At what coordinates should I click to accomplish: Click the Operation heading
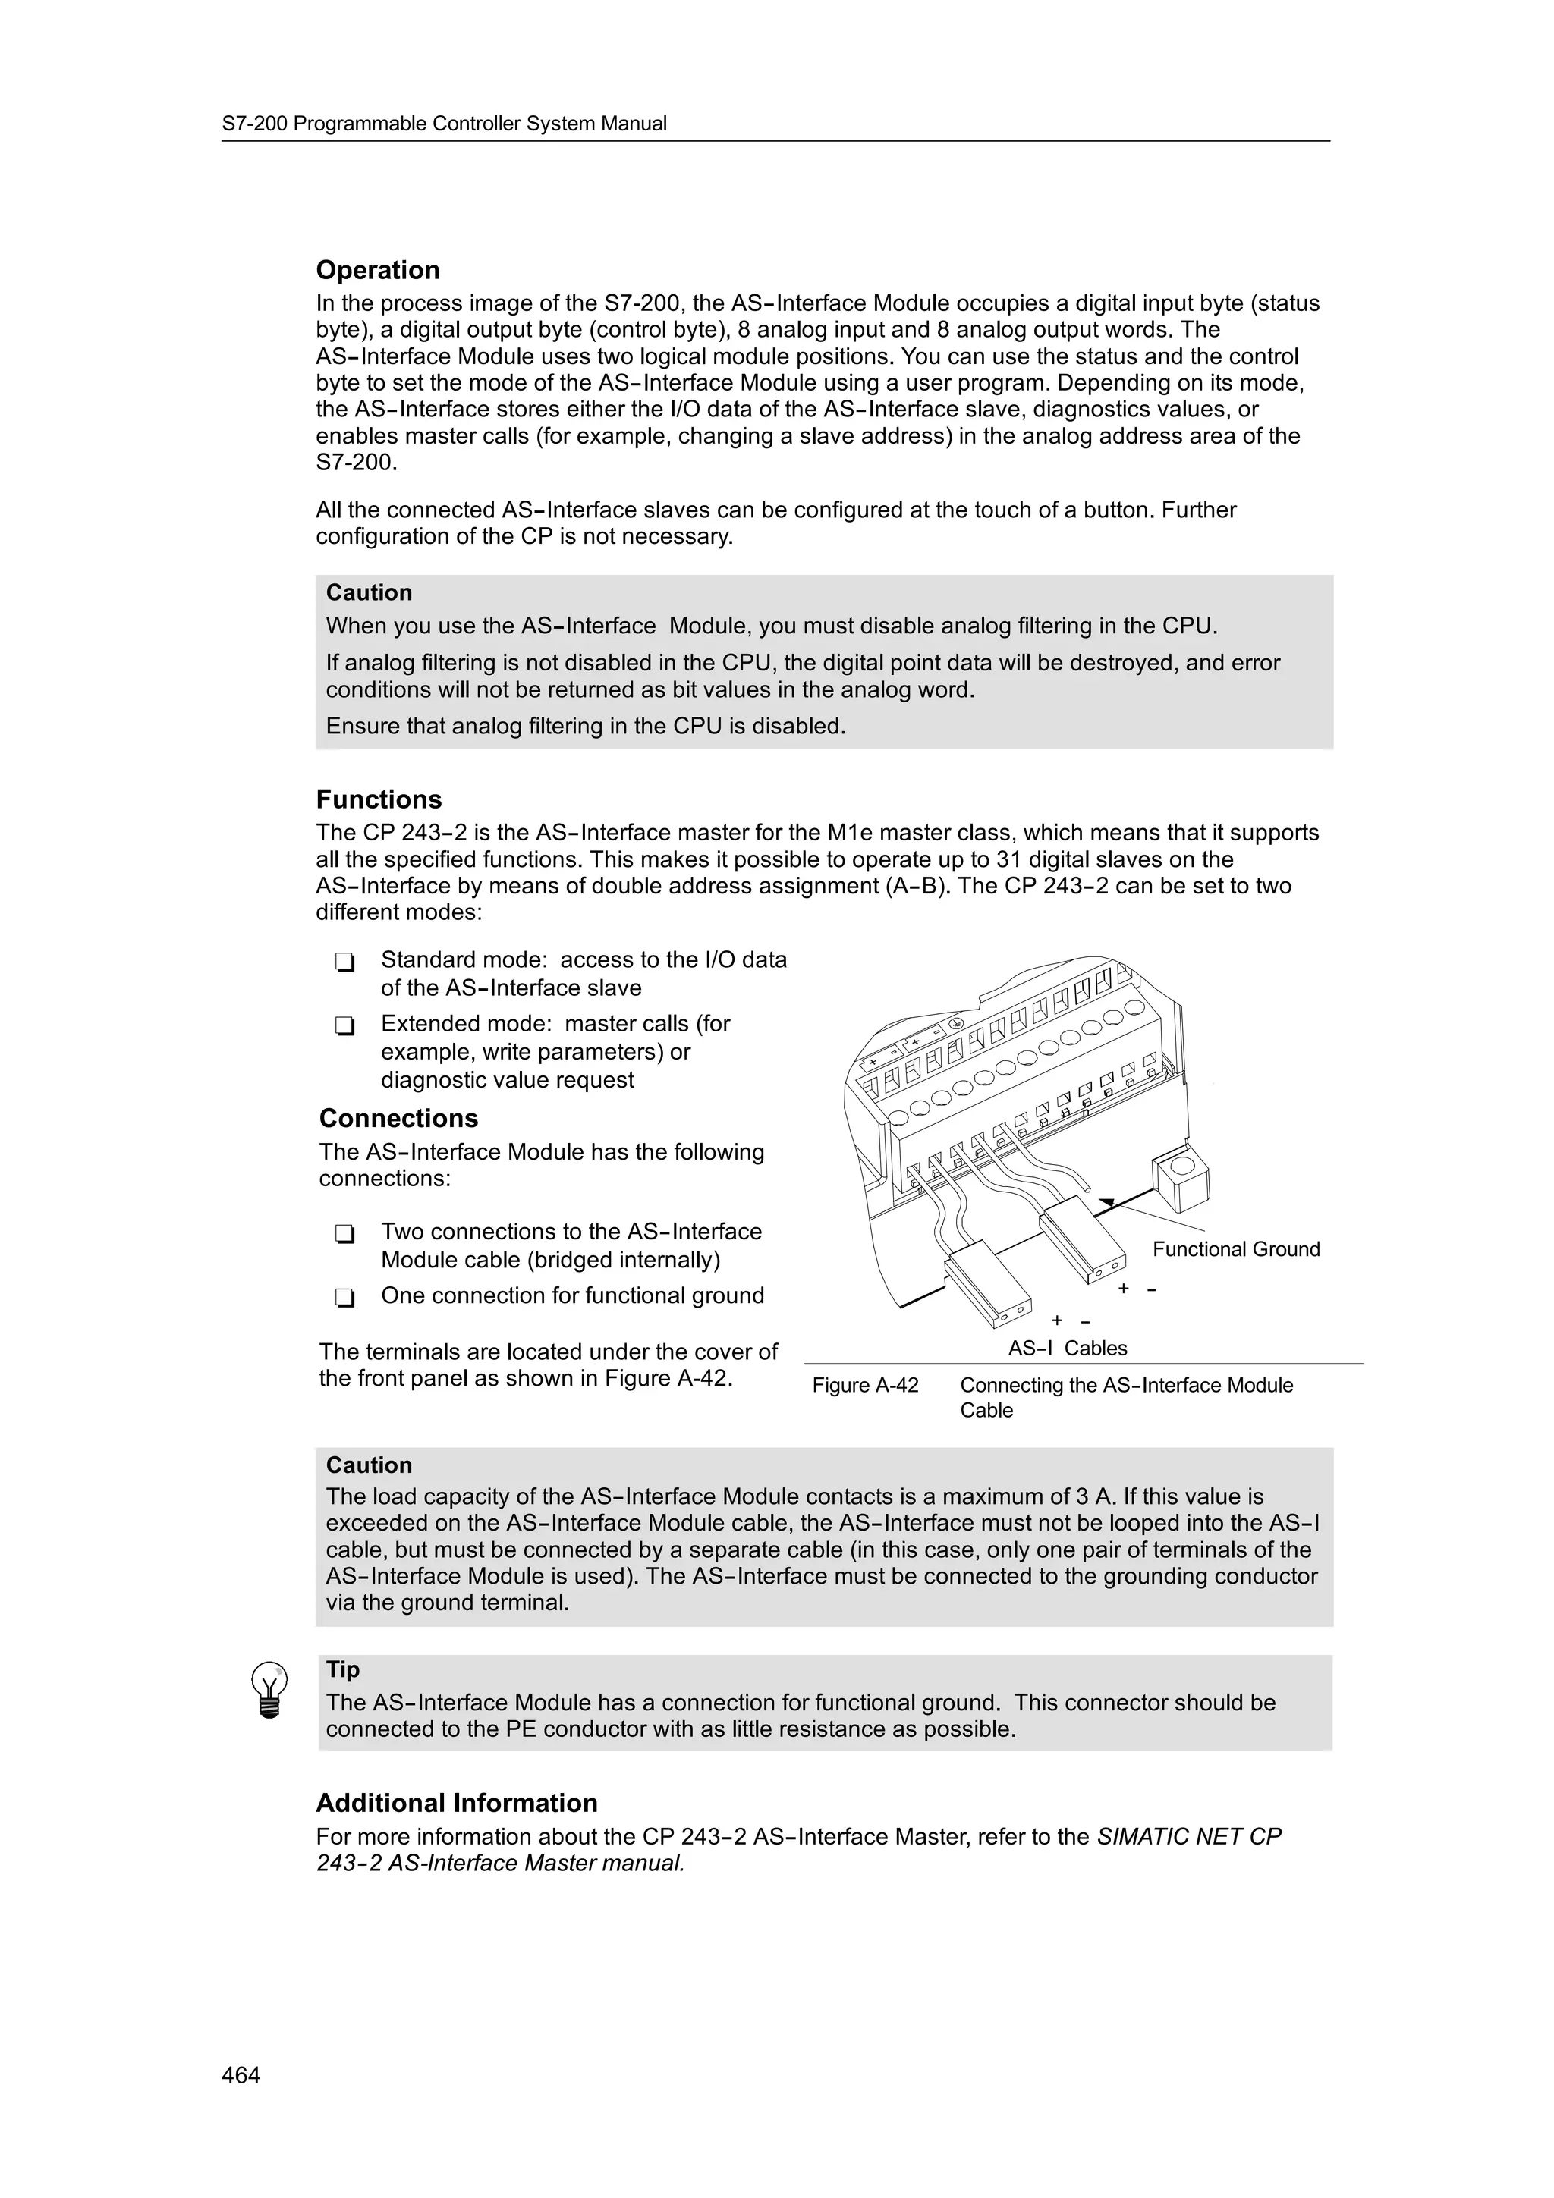pos(377,270)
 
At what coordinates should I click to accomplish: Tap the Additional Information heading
pos(457,1803)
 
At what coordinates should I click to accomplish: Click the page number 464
pos(241,2074)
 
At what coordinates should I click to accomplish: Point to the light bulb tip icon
pos(269,1691)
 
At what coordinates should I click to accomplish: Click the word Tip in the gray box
pos(343,1669)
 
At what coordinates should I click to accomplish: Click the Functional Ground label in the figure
pos(1235,1248)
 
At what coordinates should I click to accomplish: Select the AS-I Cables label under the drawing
pos(1067,1348)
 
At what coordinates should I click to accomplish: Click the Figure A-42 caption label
pos(864,1385)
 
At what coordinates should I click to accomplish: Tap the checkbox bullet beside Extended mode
pos(344,1025)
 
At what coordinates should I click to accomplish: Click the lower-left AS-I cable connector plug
pos(988,1283)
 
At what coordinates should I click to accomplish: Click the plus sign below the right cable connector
pos(1123,1289)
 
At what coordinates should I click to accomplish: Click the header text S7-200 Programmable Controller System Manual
pos(445,124)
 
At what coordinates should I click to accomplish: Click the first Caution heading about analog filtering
pos(369,592)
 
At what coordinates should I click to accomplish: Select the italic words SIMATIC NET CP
pos(1188,1836)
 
